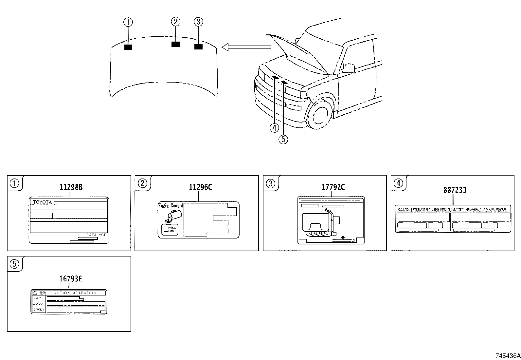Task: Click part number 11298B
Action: [71, 187]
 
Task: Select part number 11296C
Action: [200, 187]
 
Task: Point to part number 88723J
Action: [455, 190]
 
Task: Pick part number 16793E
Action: [71, 279]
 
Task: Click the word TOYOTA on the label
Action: [43, 202]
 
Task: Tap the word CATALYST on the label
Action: [96, 235]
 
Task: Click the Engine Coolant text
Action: [171, 206]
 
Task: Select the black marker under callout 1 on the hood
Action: [128, 47]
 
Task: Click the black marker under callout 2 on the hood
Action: [176, 44]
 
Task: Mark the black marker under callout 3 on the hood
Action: [198, 47]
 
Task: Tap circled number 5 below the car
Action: [283, 139]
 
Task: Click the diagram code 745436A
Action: [507, 356]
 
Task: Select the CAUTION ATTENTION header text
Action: [74, 293]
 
